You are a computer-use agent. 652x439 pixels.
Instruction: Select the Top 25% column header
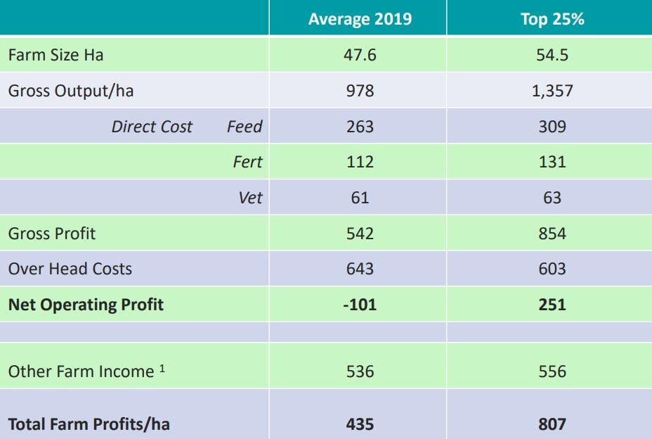(552, 19)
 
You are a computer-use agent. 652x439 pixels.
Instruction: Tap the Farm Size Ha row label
(56, 55)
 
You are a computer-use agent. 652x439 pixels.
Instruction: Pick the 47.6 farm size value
(360, 55)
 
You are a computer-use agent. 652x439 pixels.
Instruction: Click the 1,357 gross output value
(552, 91)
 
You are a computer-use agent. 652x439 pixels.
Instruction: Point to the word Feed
(244, 127)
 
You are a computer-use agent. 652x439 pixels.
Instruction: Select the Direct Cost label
(152, 127)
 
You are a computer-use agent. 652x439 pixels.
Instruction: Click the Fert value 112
(360, 162)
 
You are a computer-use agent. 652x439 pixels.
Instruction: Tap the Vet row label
(250, 198)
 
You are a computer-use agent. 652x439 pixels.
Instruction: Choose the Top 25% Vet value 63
(552, 198)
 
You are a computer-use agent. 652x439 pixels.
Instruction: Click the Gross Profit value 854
(552, 234)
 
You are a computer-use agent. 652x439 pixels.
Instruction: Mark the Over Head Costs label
(70, 269)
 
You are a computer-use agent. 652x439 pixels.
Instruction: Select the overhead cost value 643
(360, 269)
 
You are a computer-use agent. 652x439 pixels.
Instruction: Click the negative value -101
(360, 305)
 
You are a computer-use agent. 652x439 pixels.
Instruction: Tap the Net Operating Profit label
(86, 305)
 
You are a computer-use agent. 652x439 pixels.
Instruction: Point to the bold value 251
(552, 305)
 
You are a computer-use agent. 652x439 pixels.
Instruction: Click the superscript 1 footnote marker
(162, 367)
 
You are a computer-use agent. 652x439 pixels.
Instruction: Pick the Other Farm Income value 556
(552, 371)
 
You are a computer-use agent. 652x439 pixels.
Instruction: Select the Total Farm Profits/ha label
(89, 424)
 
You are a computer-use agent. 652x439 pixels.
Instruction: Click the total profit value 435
(360, 424)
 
